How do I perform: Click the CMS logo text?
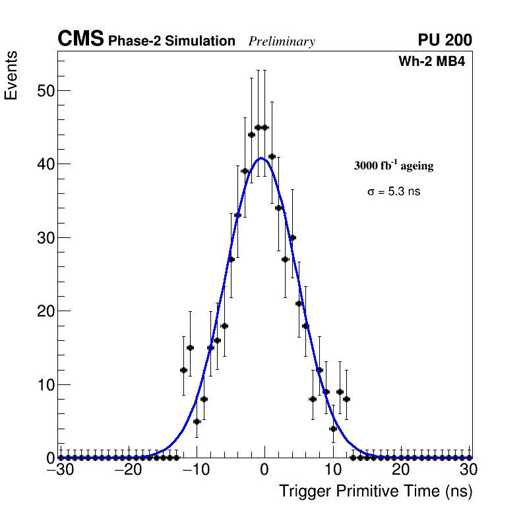[80, 40]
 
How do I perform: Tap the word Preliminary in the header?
[282, 42]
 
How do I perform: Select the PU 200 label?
[445, 40]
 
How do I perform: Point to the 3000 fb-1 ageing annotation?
[394, 165]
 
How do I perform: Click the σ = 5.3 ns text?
[394, 192]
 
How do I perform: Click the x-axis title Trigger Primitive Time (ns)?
[375, 492]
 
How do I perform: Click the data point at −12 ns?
[183, 370]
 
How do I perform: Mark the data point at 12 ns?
[346, 399]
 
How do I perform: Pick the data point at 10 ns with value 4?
[333, 429]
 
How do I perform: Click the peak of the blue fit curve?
[261, 158]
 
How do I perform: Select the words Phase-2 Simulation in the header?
[171, 42]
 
